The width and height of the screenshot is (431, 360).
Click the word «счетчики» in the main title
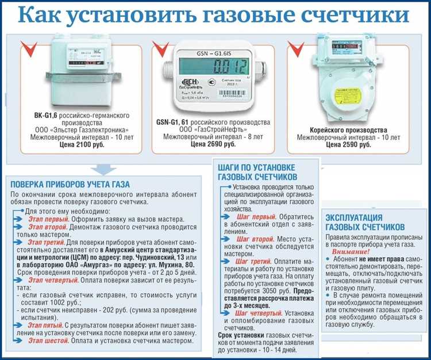[x=353, y=15]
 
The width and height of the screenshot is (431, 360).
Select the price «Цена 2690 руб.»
[x=213, y=145]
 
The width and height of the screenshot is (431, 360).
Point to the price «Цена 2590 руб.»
[x=348, y=145]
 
